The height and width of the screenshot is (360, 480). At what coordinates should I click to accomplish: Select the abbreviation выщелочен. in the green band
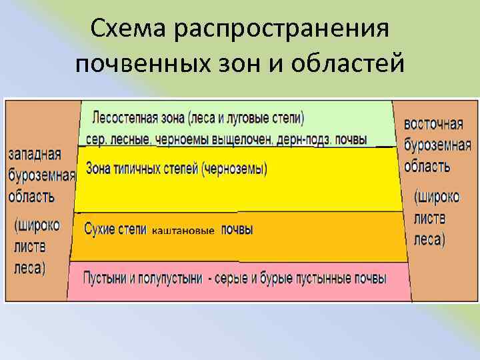(246, 139)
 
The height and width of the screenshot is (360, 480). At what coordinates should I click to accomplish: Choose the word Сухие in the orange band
(99, 229)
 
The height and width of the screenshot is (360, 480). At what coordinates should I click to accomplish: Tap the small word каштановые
(184, 231)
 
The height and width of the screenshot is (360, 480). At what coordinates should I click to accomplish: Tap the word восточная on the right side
(433, 124)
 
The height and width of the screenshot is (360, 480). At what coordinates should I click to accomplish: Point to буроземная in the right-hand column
(437, 145)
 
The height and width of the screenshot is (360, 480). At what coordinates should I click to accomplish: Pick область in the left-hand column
(32, 197)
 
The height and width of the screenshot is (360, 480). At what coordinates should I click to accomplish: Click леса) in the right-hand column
(430, 239)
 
